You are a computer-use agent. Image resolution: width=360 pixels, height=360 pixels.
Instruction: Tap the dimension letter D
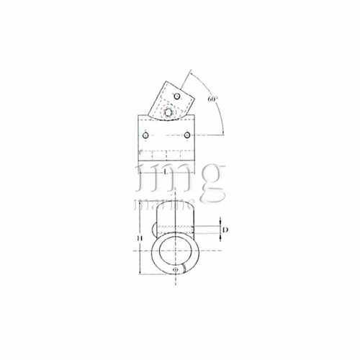[225, 230]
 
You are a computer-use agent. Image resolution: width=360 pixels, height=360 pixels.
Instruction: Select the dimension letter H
[140, 238]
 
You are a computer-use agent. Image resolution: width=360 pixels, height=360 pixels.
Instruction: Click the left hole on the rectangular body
[146, 135]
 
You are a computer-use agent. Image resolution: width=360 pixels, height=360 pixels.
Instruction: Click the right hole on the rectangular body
[186, 135]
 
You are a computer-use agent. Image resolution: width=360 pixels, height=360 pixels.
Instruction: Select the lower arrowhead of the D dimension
[219, 238]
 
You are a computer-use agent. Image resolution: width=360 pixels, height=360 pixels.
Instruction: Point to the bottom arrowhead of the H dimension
[138, 275]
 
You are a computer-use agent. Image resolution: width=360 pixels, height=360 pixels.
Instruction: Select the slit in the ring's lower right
[185, 267]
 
